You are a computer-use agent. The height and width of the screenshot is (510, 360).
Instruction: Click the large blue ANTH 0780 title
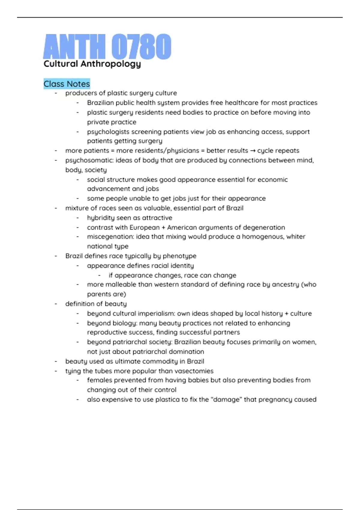pos(107,46)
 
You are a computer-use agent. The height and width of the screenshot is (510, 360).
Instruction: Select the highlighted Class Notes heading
pos(67,84)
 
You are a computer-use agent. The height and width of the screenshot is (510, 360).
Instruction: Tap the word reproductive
pos(107,332)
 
